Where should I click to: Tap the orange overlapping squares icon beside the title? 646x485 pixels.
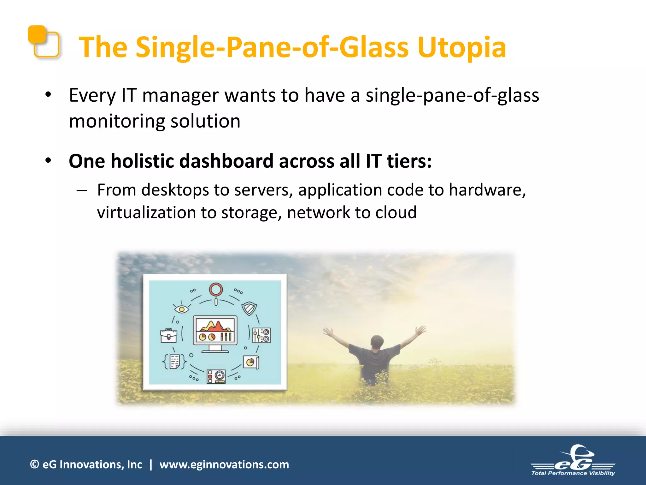tap(44, 42)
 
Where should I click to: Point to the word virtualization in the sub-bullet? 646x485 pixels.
tap(146, 213)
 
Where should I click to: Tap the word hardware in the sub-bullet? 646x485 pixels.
tap(487, 190)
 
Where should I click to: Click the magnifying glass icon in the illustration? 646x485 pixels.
tap(216, 292)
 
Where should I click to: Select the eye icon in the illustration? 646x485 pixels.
tap(181, 308)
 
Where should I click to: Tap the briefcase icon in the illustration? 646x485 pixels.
tap(169, 335)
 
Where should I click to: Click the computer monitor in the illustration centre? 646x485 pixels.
tap(215, 333)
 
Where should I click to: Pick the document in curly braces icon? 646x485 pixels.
tap(174, 361)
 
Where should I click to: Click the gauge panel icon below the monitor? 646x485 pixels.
tap(216, 376)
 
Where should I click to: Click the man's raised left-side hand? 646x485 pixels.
tap(328, 331)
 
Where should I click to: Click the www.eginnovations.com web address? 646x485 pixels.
tap(224, 464)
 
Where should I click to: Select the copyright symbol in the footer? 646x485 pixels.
tap(34, 464)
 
